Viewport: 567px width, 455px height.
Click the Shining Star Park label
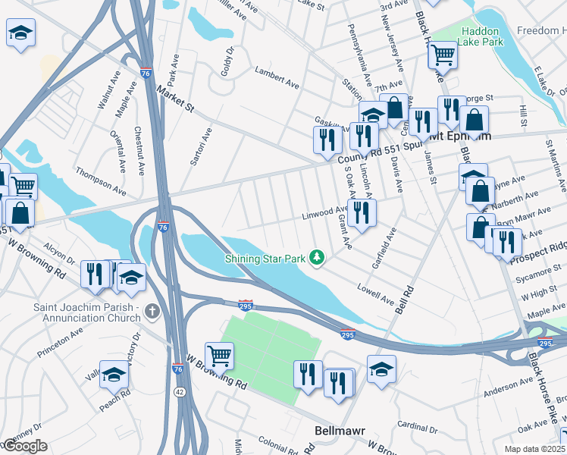point(265,259)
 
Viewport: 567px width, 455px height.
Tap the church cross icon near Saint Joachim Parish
point(152,311)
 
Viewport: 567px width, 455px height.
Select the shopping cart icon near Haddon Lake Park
point(442,54)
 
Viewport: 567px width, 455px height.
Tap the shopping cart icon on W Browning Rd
point(219,354)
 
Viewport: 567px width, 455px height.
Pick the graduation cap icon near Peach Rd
point(114,373)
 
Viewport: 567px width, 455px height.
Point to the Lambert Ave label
point(277,79)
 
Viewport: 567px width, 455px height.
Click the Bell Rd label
point(403,297)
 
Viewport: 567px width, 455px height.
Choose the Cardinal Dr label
point(418,425)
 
